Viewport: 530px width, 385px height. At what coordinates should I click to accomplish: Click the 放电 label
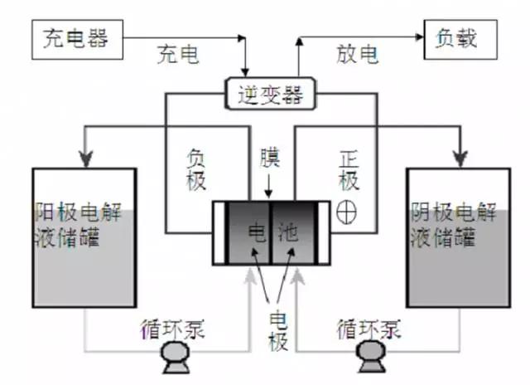pyautogui.click(x=358, y=56)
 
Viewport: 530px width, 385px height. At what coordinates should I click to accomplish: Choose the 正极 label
pyautogui.click(x=348, y=169)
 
